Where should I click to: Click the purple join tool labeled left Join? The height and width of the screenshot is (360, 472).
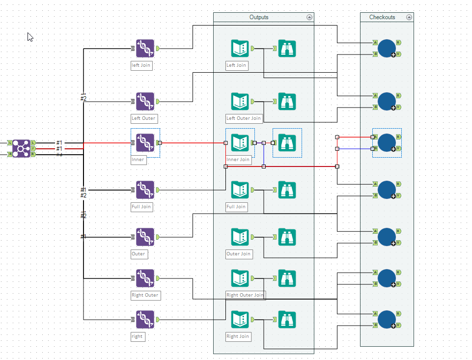click(x=145, y=49)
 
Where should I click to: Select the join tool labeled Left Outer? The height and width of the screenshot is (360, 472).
click(x=145, y=102)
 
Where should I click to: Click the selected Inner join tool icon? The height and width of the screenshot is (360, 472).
click(x=145, y=143)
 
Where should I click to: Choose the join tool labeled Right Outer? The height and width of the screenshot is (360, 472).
click(x=145, y=278)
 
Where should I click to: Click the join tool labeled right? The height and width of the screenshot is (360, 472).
click(x=145, y=320)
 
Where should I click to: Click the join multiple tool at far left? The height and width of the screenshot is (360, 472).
click(x=21, y=148)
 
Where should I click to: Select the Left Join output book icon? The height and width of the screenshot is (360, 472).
click(x=240, y=49)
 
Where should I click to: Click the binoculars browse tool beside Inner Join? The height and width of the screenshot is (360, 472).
click(x=287, y=143)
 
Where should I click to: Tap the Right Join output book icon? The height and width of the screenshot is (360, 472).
click(x=240, y=320)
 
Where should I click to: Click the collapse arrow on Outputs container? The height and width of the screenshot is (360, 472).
click(x=309, y=17)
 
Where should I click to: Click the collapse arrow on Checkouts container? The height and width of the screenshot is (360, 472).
click(x=409, y=17)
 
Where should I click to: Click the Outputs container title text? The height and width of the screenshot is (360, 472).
click(x=259, y=17)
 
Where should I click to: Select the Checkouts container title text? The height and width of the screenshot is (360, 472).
click(x=382, y=17)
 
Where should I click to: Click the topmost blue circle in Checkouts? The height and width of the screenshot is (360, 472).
click(x=387, y=48)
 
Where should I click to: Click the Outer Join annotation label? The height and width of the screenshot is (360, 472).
click(x=239, y=254)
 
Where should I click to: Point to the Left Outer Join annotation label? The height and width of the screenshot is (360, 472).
click(x=244, y=118)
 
